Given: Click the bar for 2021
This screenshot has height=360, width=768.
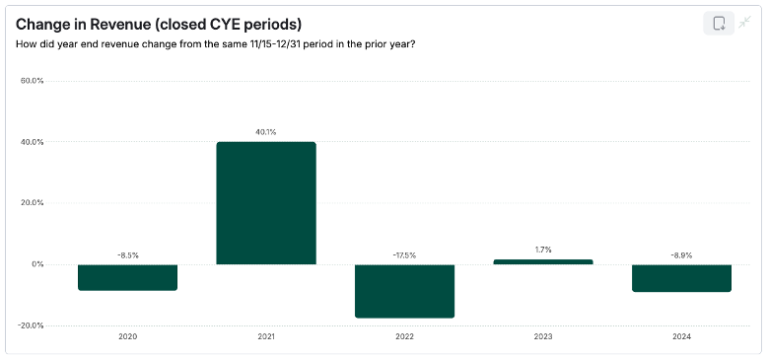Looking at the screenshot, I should (266, 203).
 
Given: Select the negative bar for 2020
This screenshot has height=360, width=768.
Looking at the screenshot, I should (128, 277).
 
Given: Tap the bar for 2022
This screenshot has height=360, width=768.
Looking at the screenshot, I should (404, 291).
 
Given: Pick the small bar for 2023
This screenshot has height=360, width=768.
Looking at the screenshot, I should (543, 261).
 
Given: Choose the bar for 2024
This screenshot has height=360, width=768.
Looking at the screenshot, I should (681, 278).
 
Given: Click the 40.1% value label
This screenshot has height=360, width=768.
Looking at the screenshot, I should (266, 132).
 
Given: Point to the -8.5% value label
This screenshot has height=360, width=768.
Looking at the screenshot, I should (128, 255).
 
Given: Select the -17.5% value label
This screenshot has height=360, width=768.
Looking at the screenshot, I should (404, 255).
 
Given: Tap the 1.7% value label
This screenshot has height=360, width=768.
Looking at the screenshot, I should (543, 251).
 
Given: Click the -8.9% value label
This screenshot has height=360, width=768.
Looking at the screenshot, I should (681, 255).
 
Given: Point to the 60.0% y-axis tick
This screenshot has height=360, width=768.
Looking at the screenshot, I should (33, 81).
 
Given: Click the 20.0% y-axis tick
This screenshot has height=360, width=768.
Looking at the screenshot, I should (33, 203).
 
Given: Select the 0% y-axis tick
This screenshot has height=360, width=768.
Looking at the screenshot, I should (36, 264).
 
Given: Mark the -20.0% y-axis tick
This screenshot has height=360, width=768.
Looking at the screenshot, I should (32, 325).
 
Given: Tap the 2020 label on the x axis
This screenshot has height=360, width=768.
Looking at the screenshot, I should (128, 336).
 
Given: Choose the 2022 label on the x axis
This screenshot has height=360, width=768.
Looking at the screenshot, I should (404, 336).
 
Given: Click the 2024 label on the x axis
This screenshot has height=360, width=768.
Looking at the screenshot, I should (681, 336).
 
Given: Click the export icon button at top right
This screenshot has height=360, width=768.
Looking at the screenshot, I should (719, 24).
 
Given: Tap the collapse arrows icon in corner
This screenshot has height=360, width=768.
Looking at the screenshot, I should (745, 23).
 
